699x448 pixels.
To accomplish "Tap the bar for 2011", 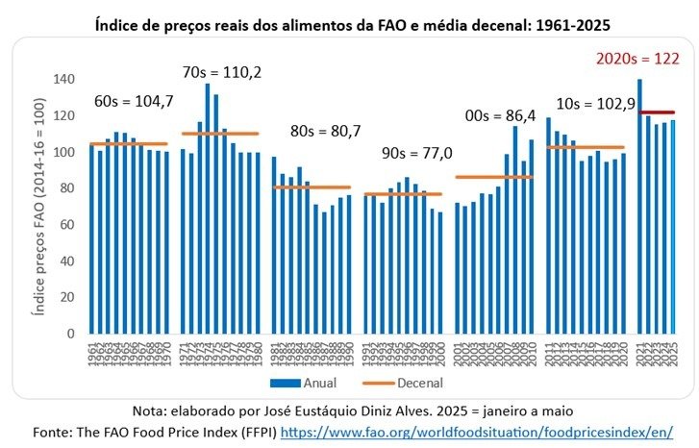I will tap(548, 226).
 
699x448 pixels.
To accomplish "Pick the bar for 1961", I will tap(91, 239).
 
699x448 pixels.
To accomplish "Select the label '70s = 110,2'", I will tap(222, 72).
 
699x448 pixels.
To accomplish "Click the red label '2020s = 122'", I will tap(638, 60).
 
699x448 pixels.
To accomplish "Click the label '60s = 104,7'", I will tap(133, 100).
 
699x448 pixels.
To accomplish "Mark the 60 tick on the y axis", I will tap(67, 225).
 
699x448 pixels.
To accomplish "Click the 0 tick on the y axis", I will tap(71, 334).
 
